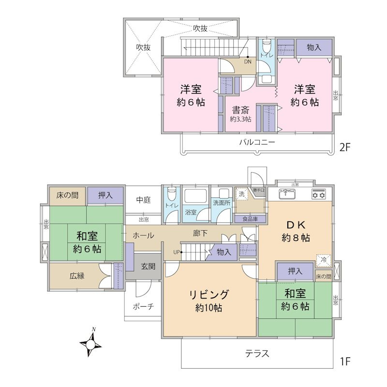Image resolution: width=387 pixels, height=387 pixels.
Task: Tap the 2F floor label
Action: click(x=344, y=148)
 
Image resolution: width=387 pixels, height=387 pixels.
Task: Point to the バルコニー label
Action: click(x=257, y=142)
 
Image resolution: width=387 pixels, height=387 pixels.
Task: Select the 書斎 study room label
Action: click(x=240, y=109)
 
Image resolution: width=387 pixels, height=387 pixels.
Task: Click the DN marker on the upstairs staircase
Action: click(x=248, y=61)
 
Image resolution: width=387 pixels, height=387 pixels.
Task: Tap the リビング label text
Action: click(x=209, y=295)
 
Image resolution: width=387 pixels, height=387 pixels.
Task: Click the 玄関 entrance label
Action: click(x=148, y=266)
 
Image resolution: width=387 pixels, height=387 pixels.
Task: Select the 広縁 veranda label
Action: click(x=77, y=276)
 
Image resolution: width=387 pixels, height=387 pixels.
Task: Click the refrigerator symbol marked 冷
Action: click(x=323, y=260)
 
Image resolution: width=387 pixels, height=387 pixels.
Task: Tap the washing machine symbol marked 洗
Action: click(x=242, y=194)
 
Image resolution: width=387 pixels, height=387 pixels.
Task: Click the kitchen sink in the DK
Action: click(x=286, y=195)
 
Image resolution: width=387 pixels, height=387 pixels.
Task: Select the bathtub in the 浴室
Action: click(x=195, y=197)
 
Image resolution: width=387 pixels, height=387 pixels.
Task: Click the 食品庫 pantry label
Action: click(x=250, y=219)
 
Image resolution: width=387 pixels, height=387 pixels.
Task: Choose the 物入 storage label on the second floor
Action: click(x=314, y=47)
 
